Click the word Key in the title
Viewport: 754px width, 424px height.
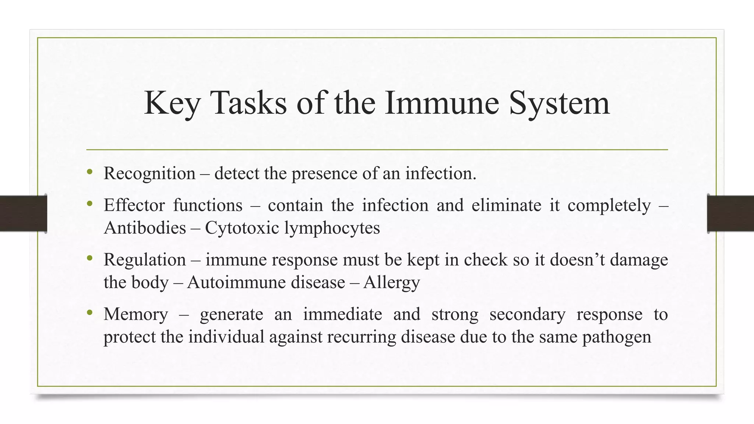click(x=172, y=103)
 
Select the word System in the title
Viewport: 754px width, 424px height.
click(x=559, y=103)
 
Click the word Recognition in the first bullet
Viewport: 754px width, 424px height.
click(x=149, y=173)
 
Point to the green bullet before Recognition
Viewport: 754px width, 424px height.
click(x=89, y=172)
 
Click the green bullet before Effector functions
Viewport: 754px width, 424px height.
click(x=89, y=203)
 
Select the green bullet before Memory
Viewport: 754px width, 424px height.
click(x=89, y=312)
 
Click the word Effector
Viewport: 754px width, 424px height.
click(x=134, y=205)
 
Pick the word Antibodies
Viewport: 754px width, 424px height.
click(x=145, y=228)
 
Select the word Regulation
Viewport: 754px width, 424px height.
click(x=145, y=260)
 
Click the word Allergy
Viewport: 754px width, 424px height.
click(x=391, y=283)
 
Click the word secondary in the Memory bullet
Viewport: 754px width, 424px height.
click(x=527, y=315)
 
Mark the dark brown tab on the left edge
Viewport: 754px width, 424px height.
click(x=23, y=213)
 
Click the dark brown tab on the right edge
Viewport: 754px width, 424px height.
click(x=730, y=213)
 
